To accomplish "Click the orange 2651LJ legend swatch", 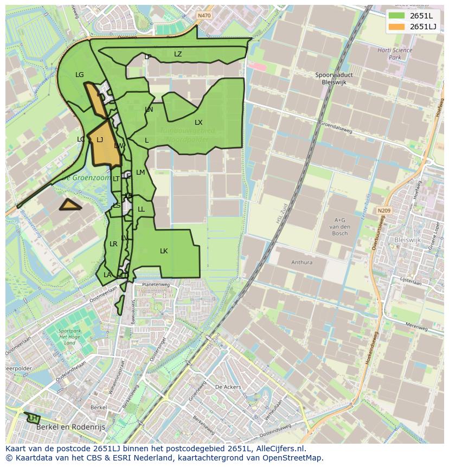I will coord(397,27).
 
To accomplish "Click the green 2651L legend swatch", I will coord(397,16).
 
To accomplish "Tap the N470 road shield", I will coord(204,16).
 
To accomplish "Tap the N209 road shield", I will coord(384,210).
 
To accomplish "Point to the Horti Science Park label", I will coord(395,54).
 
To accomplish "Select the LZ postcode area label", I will coord(178,54).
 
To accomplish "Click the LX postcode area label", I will coord(198,123).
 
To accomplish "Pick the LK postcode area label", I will coord(164,251).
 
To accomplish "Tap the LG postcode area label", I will coord(80,75).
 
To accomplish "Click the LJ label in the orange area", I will coord(100,140).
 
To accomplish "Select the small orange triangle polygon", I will coord(70,205).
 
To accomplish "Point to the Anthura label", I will coord(302,263).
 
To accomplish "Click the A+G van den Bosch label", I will coord(340,226).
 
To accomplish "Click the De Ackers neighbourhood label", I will coord(228,387).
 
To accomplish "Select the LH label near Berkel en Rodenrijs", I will coord(33,418).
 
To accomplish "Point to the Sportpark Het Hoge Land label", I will coord(69,336).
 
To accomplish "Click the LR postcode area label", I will coord(113,244).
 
